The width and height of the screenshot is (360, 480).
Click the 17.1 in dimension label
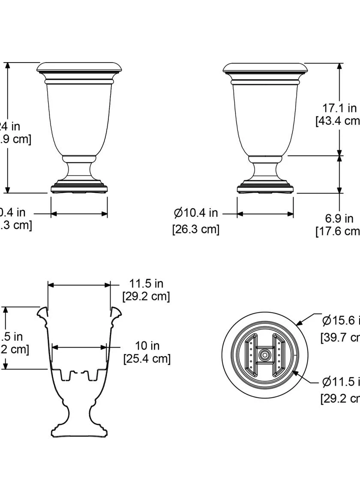point(339,108)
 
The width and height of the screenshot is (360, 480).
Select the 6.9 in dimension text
point(339,219)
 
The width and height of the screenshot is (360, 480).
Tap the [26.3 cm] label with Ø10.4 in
point(196,229)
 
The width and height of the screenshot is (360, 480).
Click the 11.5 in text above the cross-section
point(146,283)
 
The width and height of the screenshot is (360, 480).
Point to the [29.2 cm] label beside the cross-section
point(146,296)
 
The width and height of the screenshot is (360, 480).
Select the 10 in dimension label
point(147,345)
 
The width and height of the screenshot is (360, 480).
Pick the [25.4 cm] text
point(147,358)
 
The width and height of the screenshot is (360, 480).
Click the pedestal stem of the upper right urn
point(265,170)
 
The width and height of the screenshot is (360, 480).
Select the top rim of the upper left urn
point(80,67)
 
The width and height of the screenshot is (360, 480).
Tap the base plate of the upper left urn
point(79,189)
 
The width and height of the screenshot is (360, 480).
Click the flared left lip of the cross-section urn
point(42,313)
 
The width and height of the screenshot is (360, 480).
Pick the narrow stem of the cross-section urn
point(79,414)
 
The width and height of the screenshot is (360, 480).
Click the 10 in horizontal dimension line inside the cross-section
point(79,348)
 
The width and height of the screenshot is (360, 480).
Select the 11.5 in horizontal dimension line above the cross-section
point(79,285)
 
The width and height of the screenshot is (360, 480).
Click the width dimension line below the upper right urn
point(265,213)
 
